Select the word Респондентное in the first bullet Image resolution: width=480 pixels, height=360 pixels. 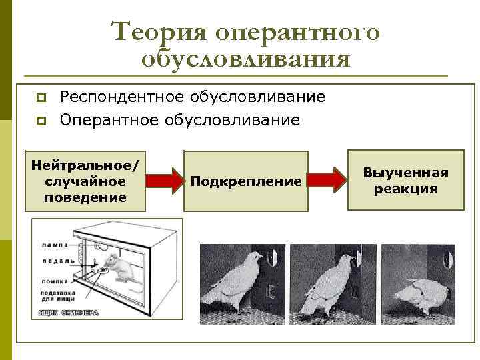tap(120, 97)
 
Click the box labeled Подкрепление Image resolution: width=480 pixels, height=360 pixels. tap(246, 181)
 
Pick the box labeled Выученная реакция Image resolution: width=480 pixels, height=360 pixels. tap(405, 181)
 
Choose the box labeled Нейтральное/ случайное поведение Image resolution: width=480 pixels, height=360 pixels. tap(85, 181)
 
